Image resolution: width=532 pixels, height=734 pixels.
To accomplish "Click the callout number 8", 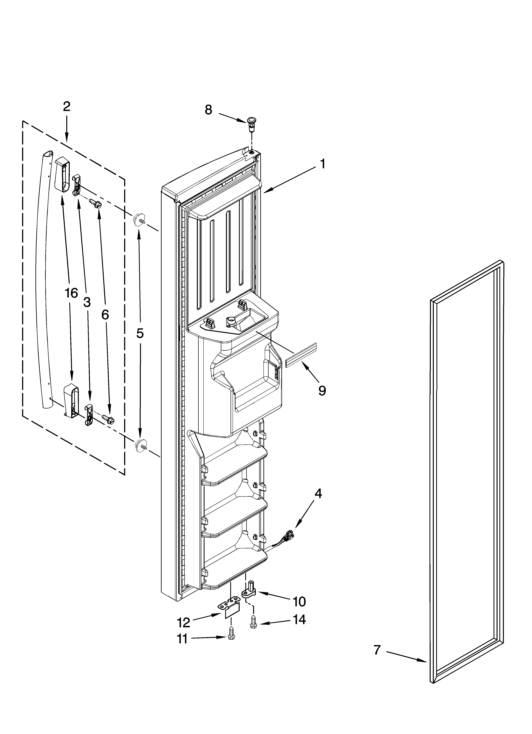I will tap(208, 110).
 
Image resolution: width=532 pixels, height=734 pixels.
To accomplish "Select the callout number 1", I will tap(322, 164).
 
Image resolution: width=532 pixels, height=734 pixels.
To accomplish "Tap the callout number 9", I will tap(322, 391).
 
